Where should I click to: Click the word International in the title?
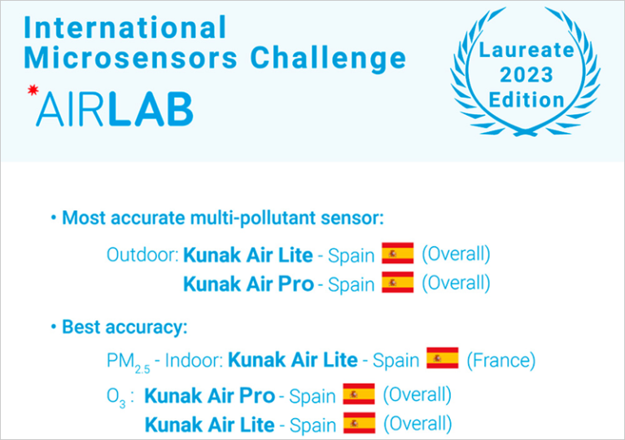click(x=125, y=28)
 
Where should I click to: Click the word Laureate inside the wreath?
click(x=527, y=50)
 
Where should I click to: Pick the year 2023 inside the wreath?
click(x=527, y=75)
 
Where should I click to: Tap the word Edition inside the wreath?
click(x=527, y=100)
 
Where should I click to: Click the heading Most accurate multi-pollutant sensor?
click(x=222, y=218)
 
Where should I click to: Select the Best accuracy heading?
click(x=125, y=328)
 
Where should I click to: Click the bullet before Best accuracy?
click(x=54, y=328)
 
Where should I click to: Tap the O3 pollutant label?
click(x=118, y=398)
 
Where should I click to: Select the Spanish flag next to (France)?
click(x=443, y=359)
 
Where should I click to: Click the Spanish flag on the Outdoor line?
click(x=398, y=253)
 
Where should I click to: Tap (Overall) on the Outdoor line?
click(x=456, y=253)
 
